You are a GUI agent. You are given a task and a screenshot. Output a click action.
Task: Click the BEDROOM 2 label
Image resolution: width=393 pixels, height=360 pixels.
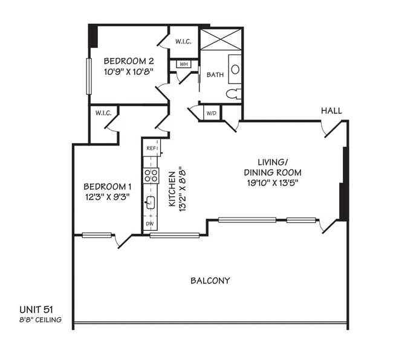[x=129, y=61]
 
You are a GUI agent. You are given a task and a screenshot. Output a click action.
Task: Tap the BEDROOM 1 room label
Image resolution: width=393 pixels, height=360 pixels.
[x=107, y=186]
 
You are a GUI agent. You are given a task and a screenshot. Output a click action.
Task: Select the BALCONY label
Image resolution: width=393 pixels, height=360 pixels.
[x=210, y=280]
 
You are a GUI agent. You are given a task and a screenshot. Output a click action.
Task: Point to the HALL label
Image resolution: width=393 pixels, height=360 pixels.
[x=331, y=111]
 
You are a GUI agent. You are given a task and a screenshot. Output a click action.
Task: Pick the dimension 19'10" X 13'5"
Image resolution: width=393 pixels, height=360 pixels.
[x=271, y=182]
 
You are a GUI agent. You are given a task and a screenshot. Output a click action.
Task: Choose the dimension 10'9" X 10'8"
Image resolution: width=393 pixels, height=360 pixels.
[x=129, y=71]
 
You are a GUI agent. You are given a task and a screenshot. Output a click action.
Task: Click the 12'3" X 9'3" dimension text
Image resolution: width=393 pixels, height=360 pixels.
[x=107, y=196]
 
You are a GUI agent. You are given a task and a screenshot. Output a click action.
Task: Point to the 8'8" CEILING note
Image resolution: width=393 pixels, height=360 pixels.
[x=40, y=320]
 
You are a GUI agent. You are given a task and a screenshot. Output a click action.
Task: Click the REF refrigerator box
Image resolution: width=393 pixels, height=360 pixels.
[x=151, y=148]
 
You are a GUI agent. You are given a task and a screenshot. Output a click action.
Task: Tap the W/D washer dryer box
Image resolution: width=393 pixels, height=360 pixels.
[x=212, y=113]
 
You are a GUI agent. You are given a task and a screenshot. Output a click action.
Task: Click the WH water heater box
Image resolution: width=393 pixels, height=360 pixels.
[x=183, y=64]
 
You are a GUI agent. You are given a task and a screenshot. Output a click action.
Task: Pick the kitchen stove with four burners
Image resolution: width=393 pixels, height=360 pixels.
[x=150, y=176]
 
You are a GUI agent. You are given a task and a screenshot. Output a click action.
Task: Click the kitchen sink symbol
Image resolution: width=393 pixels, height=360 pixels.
[x=151, y=202]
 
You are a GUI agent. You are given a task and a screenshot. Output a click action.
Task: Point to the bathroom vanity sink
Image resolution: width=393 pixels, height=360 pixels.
[x=235, y=68]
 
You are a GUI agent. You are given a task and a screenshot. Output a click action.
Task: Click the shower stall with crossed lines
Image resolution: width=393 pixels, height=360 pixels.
[x=221, y=39]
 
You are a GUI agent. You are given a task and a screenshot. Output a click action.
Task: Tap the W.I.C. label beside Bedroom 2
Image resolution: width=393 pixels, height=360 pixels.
[x=183, y=42]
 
